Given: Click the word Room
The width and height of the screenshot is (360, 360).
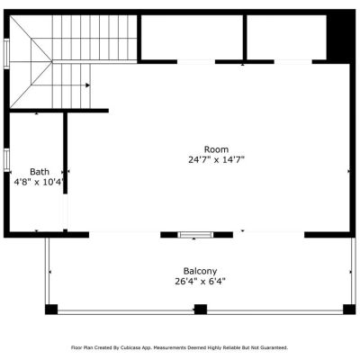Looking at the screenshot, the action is (216, 149).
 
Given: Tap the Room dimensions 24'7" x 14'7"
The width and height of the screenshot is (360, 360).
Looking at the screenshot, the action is (216, 160).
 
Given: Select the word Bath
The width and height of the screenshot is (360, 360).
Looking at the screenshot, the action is (40, 172).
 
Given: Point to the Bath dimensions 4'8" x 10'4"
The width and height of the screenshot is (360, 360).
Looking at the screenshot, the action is (40, 182).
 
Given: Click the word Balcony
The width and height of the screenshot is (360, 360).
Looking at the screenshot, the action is (200, 271).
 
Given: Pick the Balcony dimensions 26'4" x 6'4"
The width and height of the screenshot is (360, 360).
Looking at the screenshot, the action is (200, 282).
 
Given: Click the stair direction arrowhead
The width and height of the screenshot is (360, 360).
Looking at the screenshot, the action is (87, 85).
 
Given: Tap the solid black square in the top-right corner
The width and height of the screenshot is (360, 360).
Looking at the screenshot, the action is (341, 37).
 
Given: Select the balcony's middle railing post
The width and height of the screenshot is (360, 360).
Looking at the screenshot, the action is (201, 310).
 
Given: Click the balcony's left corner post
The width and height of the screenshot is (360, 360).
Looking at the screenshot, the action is (51, 310).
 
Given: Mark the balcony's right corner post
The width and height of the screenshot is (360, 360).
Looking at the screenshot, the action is (349, 310).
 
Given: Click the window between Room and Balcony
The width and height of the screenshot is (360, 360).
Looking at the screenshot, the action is (195, 235).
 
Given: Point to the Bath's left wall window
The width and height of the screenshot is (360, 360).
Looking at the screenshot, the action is (6, 160).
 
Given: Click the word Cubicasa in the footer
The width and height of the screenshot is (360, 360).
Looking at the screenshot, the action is (128, 347).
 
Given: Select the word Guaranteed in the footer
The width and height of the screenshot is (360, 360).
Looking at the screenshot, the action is (275, 347).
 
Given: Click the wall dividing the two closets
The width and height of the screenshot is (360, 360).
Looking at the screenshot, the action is (245, 37).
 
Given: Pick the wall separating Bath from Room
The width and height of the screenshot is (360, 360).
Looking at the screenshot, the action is (65, 153).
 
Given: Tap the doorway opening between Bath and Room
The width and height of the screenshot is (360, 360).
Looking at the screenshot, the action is (65, 211).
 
